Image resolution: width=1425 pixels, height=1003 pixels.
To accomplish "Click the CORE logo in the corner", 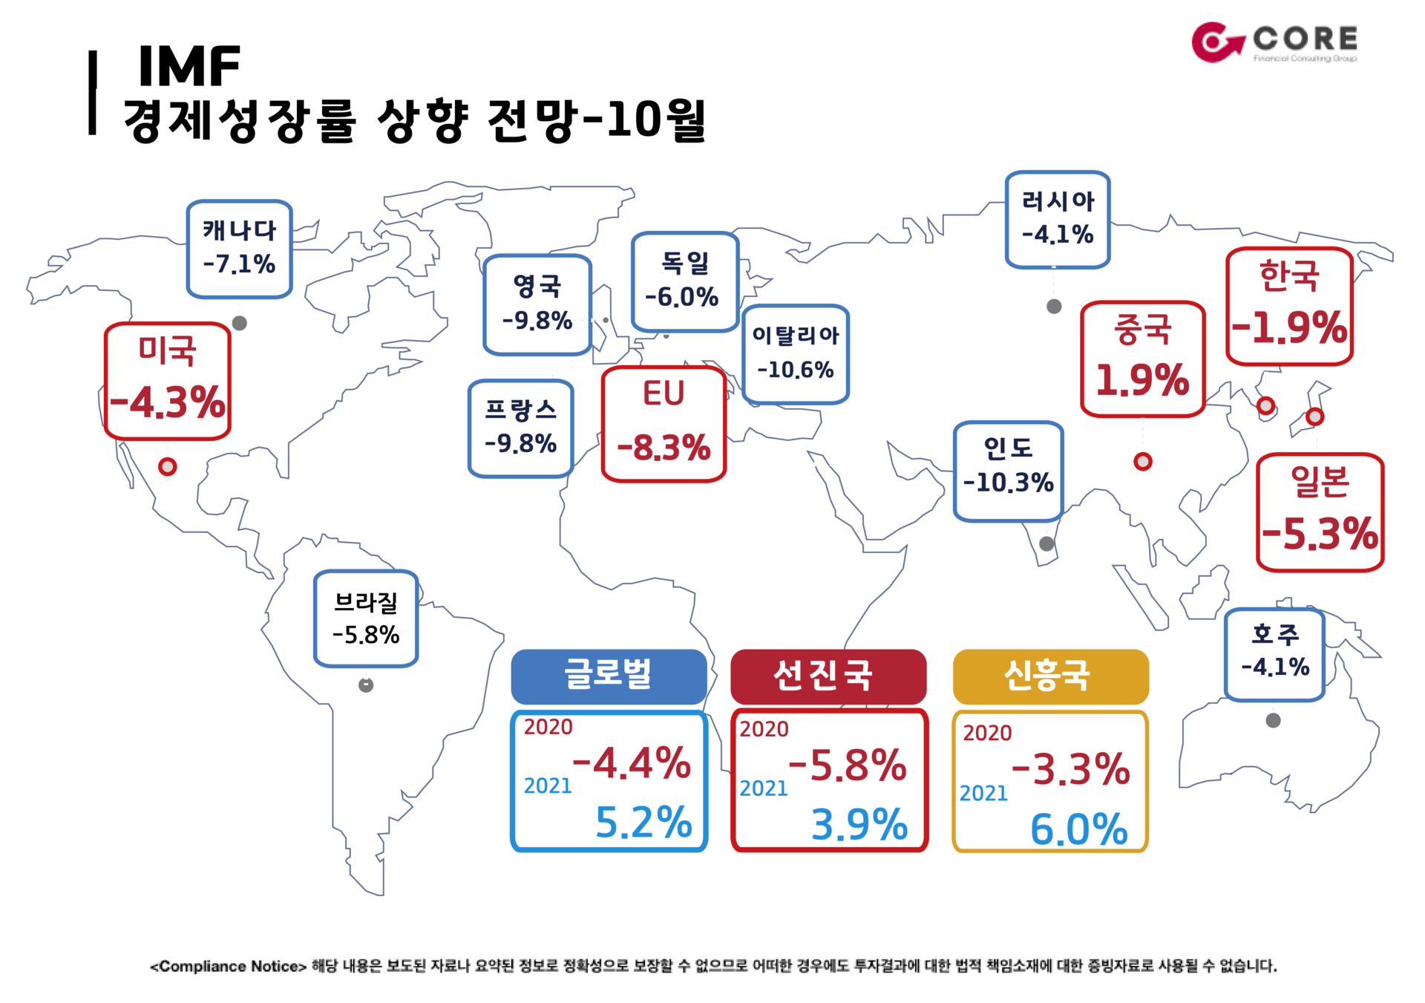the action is point(1274,42).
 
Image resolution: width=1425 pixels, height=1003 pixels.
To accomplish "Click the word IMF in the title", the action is point(189,66).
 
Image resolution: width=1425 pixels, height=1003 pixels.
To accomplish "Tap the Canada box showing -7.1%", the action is point(239,249).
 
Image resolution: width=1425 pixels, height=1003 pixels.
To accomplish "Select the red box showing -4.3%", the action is point(168,381).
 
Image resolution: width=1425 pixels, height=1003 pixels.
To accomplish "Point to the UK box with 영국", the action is point(537,304).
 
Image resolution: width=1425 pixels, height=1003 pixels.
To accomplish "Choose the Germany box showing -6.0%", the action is point(685,281).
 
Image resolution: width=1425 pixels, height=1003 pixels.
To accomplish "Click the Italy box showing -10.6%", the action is point(796,354).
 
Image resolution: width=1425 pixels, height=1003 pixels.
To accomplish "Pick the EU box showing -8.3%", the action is point(664,424).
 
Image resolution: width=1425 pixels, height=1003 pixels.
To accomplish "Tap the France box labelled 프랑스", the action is point(521,428).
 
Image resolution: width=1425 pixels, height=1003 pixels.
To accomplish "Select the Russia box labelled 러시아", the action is point(1058,220).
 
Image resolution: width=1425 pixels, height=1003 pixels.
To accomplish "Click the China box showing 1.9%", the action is point(1143,359).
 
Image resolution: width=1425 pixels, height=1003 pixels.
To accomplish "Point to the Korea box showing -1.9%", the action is point(1289,307).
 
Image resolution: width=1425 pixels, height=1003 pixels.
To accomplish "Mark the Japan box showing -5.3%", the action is point(1320,512).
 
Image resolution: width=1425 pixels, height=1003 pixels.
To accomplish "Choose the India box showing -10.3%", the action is point(1009,471).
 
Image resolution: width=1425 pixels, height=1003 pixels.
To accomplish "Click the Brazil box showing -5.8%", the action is point(366,618).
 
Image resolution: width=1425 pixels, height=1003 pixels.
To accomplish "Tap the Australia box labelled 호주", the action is point(1274,655).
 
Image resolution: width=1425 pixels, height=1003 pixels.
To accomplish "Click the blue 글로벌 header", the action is point(609,676).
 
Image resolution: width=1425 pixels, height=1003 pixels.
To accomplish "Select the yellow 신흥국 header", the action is point(1051,676).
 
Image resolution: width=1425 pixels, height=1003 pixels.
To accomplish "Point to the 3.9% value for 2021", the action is point(859,825).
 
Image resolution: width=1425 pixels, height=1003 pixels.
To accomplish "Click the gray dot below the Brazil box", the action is point(366,685).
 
